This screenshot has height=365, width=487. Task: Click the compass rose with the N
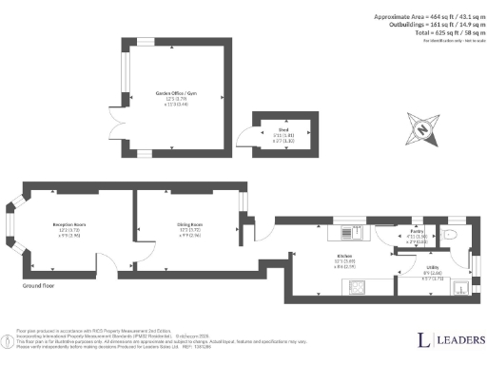tap(421, 125)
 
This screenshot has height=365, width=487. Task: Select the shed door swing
tap(245, 143)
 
